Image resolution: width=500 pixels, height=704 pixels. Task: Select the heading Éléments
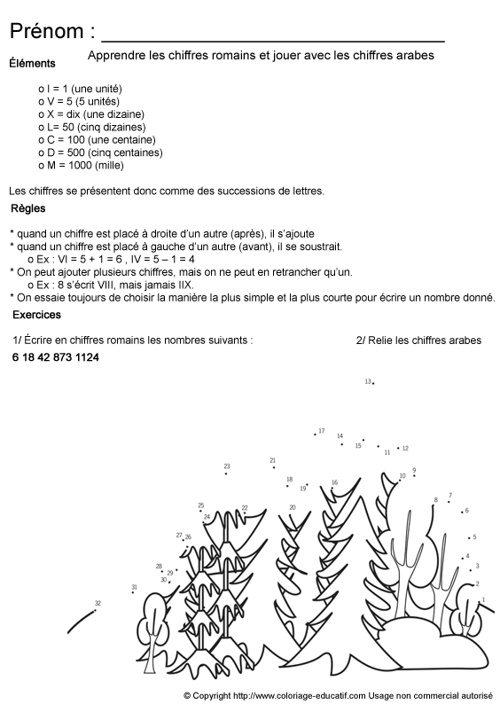pos(32,63)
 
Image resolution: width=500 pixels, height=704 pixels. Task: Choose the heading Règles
pos(28,209)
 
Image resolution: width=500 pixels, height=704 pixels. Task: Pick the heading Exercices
pos(36,315)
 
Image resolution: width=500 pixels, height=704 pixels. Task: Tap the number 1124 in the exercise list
pos(88,357)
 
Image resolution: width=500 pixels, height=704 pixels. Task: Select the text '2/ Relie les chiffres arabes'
pos(418,340)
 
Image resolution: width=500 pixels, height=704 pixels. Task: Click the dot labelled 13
pos(373,383)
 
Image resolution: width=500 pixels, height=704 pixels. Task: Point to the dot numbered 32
pos(94,608)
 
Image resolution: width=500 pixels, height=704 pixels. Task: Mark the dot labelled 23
pos(226,473)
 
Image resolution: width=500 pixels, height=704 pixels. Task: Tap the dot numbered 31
pos(134,594)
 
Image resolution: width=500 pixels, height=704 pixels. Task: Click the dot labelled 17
pos(315,434)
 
